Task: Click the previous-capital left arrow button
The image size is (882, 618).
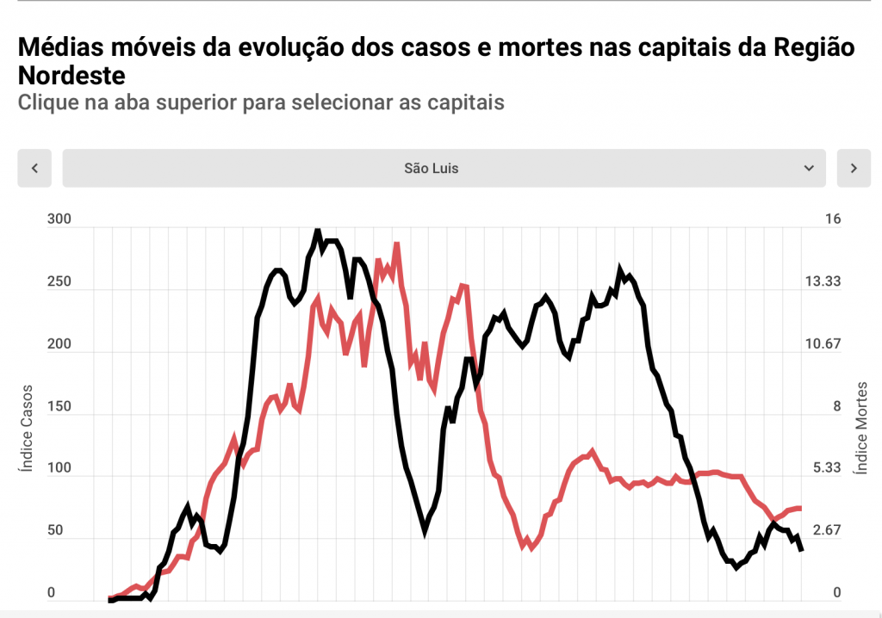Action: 34,168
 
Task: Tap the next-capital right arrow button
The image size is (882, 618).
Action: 854,168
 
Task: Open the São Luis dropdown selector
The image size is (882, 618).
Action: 443,168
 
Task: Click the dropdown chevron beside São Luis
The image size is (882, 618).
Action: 808,168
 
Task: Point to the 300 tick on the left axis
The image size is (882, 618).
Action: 59,219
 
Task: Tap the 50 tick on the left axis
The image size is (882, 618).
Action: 55,530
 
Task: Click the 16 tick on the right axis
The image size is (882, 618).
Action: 832,219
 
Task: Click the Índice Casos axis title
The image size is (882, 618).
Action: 26,429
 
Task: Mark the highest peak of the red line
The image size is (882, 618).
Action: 396,244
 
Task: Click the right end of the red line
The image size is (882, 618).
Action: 800,508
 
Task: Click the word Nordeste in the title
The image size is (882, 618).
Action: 71,74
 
